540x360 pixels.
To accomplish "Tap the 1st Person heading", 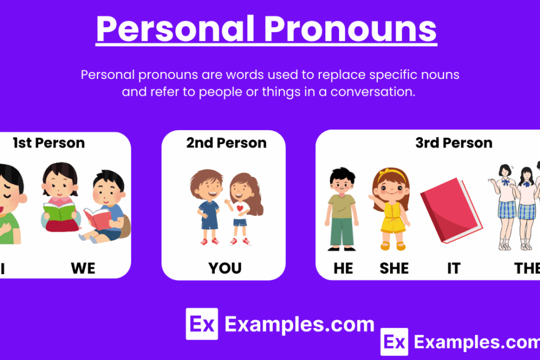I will point(49,143).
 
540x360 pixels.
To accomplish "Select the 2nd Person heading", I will point(226,143).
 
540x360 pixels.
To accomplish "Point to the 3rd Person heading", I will point(453,143).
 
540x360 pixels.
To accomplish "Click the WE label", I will point(83,268).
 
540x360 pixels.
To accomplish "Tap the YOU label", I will point(225,268).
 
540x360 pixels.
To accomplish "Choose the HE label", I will point(343,268).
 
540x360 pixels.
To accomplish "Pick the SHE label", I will point(394,268).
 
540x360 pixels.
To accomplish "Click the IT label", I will point(453,268).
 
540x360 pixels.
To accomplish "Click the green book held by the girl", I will point(60,212).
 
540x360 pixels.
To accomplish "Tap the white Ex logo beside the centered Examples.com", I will point(201,323).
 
